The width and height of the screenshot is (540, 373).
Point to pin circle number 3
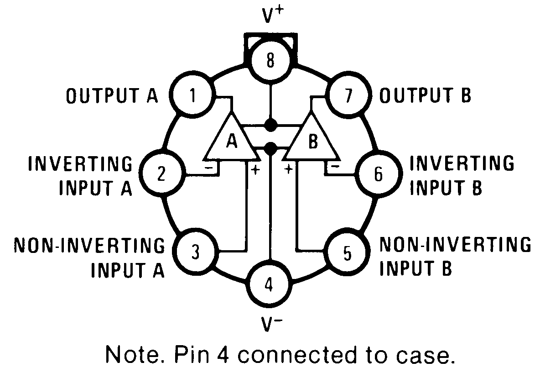(x=196, y=252)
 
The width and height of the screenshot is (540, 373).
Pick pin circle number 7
(x=348, y=97)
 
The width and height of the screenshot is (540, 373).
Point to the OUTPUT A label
(x=112, y=96)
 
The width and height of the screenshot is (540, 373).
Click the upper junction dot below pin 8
(x=271, y=124)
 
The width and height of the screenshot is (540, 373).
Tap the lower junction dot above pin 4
(x=270, y=147)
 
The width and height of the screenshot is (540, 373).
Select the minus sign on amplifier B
(x=334, y=167)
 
